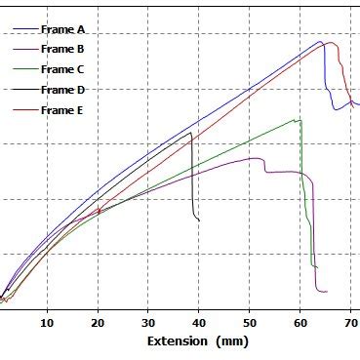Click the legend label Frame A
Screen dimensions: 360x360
tap(62, 30)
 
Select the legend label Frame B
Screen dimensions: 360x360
tap(62, 50)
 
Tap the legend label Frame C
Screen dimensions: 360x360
tap(62, 69)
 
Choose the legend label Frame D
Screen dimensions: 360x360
tap(62, 90)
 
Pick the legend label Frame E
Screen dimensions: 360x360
tap(62, 110)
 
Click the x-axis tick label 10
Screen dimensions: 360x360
tap(47, 322)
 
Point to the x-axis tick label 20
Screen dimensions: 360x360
tap(98, 322)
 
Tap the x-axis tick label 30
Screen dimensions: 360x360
tap(148, 322)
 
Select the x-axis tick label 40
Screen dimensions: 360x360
tap(199, 322)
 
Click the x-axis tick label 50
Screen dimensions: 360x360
tap(250, 322)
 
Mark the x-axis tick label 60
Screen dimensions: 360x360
tap(300, 322)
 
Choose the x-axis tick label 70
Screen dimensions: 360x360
tap(350, 322)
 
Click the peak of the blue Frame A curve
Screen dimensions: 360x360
tap(320, 42)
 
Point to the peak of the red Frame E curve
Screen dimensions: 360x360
tap(333, 43)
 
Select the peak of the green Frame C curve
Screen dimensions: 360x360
tap(297, 119)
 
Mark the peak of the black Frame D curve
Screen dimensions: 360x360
tap(191, 133)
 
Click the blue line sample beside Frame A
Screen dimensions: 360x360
tap(21, 30)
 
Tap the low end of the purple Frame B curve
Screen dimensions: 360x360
tap(323, 291)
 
